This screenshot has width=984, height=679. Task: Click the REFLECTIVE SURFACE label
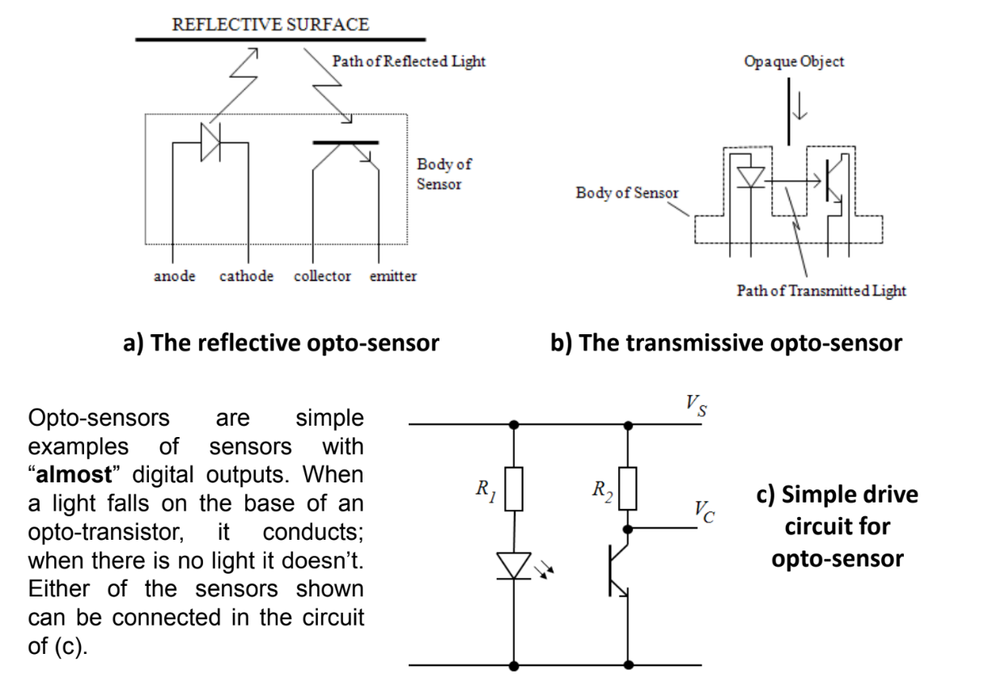[271, 23]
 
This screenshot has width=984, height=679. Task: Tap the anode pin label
[174, 276]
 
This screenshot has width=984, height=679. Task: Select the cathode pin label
[246, 276]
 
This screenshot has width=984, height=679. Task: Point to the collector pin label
[323, 276]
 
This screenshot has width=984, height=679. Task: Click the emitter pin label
[394, 276]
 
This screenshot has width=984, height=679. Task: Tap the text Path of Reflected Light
[409, 62]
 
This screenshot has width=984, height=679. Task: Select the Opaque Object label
[793, 62]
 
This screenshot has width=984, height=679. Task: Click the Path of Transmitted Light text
[821, 291]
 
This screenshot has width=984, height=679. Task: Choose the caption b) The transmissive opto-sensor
[726, 343]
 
